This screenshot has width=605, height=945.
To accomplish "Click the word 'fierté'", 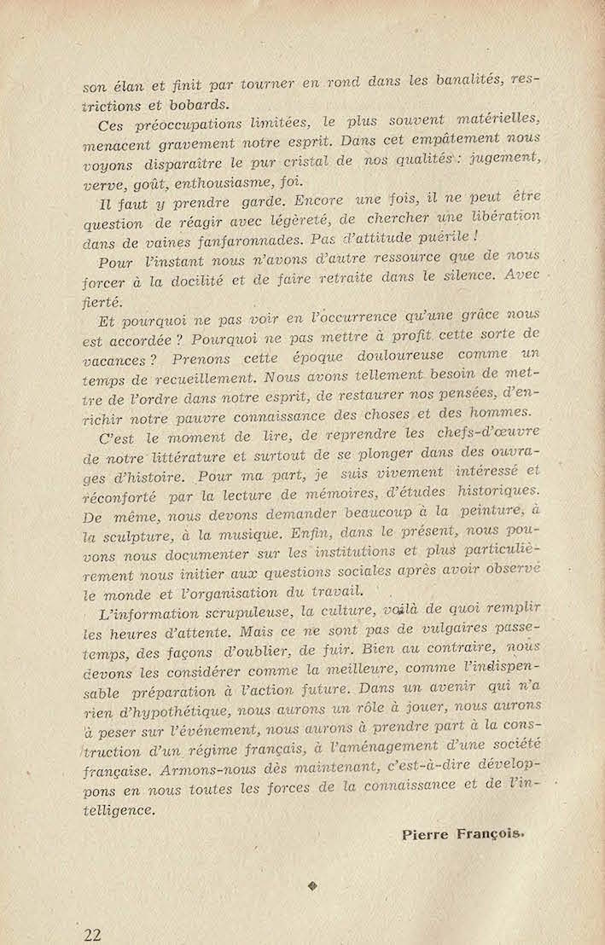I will [x=104, y=301].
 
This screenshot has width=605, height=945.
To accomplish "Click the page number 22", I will [x=93, y=933].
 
